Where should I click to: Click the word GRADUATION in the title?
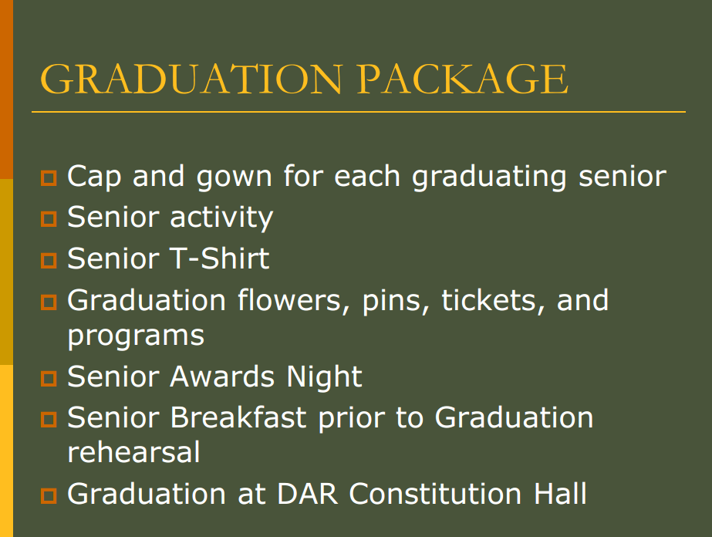pyautogui.click(x=191, y=79)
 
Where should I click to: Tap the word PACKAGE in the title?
pyautogui.click(x=462, y=79)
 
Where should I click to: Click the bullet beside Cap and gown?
pyautogui.click(x=49, y=178)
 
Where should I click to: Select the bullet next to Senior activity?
pyautogui.click(x=49, y=219)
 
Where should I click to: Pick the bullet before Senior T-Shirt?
pyautogui.click(x=49, y=261)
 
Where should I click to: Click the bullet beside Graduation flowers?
pyautogui.click(x=49, y=302)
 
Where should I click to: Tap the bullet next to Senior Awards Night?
pyautogui.click(x=49, y=378)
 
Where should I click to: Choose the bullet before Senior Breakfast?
pyautogui.click(x=49, y=419)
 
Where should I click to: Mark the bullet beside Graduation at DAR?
pyautogui.click(x=49, y=495)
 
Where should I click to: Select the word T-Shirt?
pyautogui.click(x=220, y=258)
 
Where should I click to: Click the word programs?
pyautogui.click(x=136, y=337)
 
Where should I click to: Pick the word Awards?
pyautogui.click(x=222, y=377)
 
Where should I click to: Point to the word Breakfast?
pyautogui.click(x=238, y=417)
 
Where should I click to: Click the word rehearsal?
pyautogui.click(x=133, y=452)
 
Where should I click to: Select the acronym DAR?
pyautogui.click(x=308, y=494)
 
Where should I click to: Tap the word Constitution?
pyautogui.click(x=435, y=494)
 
